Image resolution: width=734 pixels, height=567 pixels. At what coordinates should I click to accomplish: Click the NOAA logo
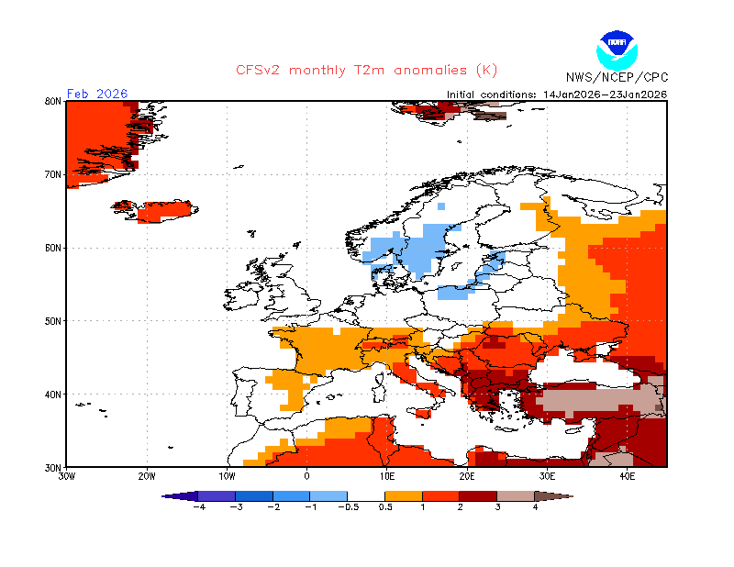[617, 50]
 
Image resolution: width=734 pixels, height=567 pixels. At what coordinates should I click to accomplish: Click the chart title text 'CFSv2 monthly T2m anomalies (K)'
[366, 71]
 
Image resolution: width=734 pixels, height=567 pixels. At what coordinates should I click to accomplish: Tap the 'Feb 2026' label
[97, 94]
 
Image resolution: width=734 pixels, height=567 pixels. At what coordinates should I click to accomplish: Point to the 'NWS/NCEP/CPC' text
[617, 77]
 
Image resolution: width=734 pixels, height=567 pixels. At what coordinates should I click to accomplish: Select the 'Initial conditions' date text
[557, 94]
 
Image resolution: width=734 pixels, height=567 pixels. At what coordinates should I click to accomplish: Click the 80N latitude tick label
[53, 101]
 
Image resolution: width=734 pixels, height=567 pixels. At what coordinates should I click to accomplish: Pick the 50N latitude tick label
[53, 321]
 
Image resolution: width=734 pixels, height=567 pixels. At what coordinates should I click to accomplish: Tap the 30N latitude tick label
[53, 468]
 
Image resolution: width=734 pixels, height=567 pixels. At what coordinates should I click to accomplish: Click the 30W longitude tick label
[66, 477]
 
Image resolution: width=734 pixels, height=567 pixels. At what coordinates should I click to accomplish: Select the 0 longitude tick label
[306, 477]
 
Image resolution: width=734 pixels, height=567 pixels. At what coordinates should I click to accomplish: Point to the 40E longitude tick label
[628, 477]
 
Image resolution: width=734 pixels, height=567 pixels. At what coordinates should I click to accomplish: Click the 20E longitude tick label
[467, 477]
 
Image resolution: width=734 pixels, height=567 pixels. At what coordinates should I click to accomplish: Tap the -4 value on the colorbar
[199, 507]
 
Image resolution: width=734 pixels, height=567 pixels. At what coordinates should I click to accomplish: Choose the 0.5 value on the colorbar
[385, 507]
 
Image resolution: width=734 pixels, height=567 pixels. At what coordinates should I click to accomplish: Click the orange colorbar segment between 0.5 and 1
[404, 496]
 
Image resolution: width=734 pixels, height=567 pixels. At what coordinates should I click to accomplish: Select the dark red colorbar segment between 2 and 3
[478, 496]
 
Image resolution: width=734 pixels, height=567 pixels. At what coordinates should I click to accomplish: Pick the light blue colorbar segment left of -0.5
[328, 496]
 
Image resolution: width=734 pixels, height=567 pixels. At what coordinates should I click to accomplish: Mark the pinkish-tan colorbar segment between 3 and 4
[516, 496]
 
